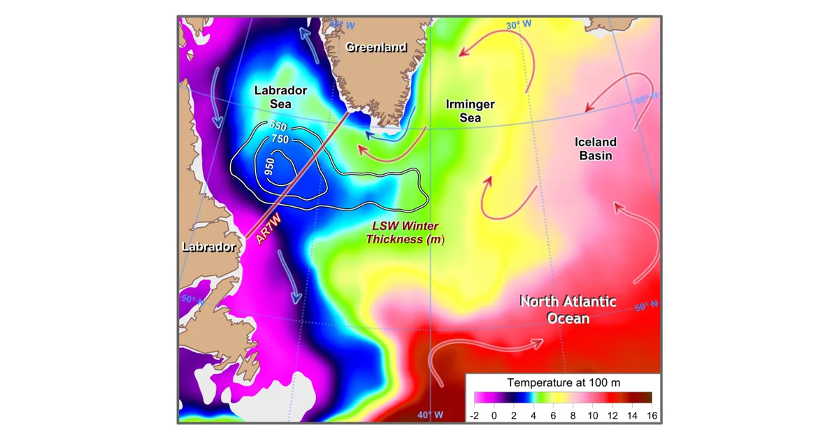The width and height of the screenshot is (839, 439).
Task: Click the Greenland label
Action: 376,48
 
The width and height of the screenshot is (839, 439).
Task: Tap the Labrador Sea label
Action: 280,97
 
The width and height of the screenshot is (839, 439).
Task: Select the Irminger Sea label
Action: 470,111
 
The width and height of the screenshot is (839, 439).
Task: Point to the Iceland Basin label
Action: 595,148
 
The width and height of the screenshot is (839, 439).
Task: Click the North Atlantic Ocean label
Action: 568,310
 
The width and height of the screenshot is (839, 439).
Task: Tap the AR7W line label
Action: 268,229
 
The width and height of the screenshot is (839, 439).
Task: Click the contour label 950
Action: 270,167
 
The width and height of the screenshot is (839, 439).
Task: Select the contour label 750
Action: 280,139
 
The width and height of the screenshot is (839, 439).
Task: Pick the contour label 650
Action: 278,127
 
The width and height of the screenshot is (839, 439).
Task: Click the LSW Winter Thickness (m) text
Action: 405,233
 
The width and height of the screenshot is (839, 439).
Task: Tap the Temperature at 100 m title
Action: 564,382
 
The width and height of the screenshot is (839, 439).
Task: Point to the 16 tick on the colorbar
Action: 652,415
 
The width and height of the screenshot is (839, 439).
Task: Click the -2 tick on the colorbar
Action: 474,415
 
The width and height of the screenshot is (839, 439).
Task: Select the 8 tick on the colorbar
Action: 573,415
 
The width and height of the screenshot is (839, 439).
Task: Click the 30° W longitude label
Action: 519,24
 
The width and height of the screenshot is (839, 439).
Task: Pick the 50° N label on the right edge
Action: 646,305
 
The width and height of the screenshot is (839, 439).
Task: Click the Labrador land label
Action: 209,247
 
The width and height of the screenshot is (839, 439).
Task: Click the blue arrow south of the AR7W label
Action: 289,276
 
